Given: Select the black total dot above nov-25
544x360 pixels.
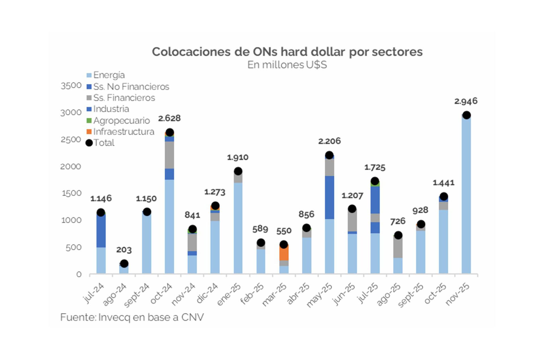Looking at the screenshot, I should (x=466, y=115).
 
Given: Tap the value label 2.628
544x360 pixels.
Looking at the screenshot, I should (x=169, y=118).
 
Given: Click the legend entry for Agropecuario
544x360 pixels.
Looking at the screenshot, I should (x=121, y=120).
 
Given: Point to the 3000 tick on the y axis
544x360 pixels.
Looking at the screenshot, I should (x=71, y=113).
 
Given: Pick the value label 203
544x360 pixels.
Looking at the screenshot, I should (x=124, y=250).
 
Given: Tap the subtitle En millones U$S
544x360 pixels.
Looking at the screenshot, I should (x=287, y=65).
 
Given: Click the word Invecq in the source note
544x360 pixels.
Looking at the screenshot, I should (x=114, y=317).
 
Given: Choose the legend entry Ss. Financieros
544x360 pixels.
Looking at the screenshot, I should (x=124, y=98).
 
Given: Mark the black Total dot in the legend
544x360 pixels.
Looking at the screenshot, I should (x=89, y=143).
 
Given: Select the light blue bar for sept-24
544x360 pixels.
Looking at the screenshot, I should (x=146, y=244).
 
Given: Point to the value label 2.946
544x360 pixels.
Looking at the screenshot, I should (x=466, y=101).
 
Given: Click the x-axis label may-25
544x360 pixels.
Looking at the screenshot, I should (x=320, y=295).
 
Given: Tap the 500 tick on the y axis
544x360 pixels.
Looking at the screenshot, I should (x=73, y=248).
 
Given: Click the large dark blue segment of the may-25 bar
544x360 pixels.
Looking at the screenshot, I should (x=329, y=197).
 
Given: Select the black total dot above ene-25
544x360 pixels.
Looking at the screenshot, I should (x=238, y=171).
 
